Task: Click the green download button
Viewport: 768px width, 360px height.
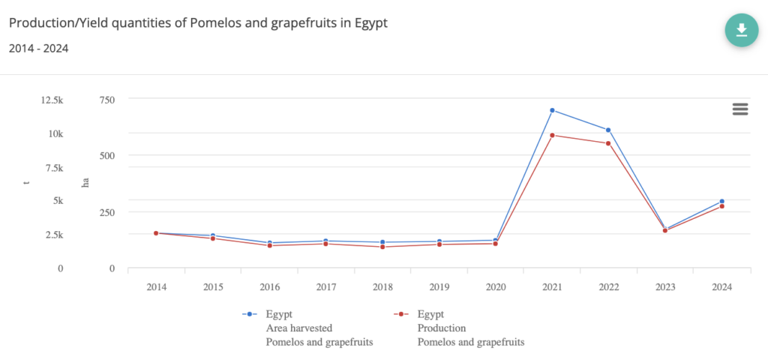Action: point(741,30)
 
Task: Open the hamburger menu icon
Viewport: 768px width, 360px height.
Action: point(740,109)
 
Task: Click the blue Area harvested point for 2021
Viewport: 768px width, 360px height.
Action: point(552,110)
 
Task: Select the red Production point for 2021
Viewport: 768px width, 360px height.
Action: point(552,135)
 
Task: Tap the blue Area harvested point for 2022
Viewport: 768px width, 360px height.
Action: point(608,130)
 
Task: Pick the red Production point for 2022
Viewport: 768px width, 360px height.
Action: point(608,143)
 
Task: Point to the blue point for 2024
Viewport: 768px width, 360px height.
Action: point(721,201)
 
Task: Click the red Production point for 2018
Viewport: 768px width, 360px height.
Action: point(382,247)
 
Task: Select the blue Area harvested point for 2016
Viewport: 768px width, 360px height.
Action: point(269,243)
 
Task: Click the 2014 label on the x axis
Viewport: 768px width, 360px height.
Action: point(156,286)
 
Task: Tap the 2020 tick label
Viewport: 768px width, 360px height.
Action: point(495,286)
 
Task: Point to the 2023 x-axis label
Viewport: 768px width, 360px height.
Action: point(664,286)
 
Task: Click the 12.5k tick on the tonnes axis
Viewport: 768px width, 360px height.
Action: point(52,99)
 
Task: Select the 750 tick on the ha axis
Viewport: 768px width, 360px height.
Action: point(106,99)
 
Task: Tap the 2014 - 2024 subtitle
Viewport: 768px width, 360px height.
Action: point(39,49)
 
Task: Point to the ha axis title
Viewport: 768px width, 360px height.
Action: point(85,182)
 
